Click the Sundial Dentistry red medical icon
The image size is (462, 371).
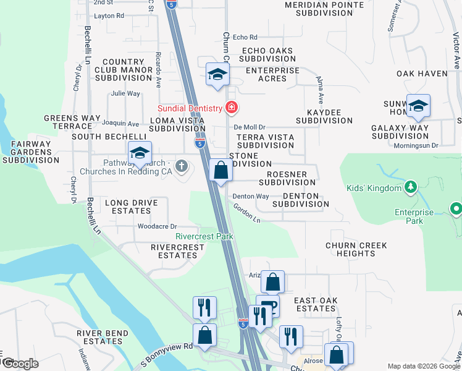[x=232, y=108]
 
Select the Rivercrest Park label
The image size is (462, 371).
[x=204, y=236]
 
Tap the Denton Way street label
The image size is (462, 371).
[x=250, y=197]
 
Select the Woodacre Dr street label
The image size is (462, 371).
[x=157, y=226]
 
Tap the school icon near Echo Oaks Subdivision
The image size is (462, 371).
[x=217, y=75]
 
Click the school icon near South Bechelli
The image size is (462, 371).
[x=140, y=153]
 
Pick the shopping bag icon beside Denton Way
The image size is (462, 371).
[x=220, y=170]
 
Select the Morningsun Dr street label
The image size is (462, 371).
[x=416, y=146]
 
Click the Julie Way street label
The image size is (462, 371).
[x=125, y=94]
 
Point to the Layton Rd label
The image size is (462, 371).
[x=109, y=15]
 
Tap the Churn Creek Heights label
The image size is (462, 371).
[x=356, y=250]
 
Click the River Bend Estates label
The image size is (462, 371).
[x=98, y=337]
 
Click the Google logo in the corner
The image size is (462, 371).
[x=20, y=364]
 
